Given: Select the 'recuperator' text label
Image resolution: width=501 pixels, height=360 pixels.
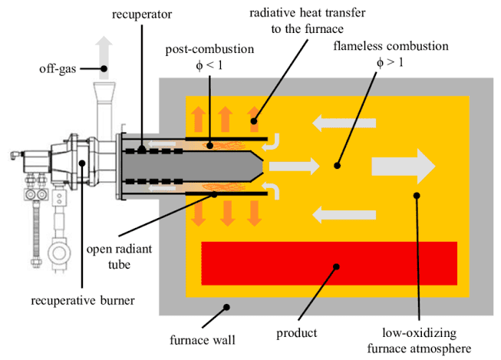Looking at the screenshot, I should tap(142, 15).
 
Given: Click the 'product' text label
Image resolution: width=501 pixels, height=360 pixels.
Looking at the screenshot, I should tap(298, 335).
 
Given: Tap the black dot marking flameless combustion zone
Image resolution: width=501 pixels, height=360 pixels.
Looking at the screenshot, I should tap(335, 164).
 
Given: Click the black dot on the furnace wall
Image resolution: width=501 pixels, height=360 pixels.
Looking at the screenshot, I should tap(227, 306).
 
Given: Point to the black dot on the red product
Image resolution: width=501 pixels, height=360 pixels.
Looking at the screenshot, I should tap(335, 266).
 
